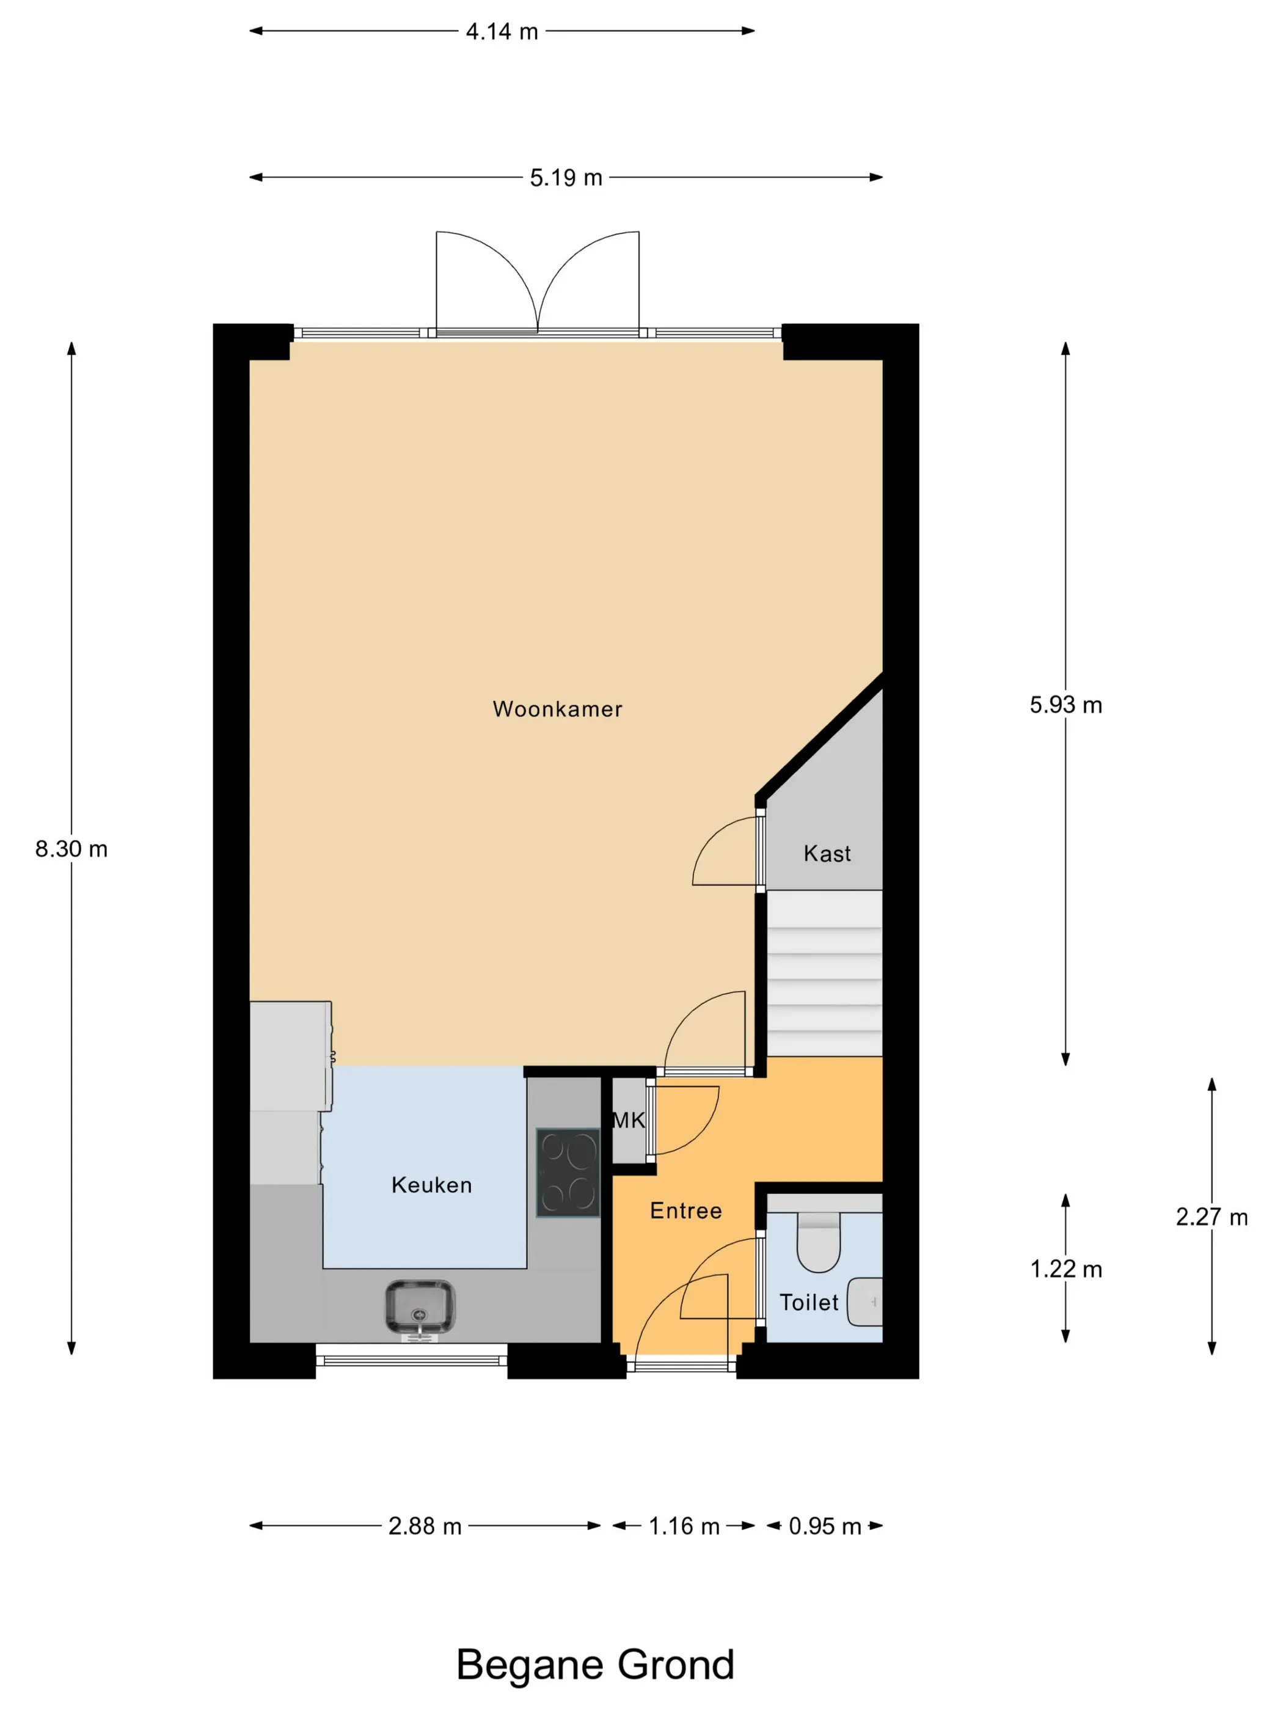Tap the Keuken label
pos(431,1184)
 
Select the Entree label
pos(686,1210)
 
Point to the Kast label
pos(827,853)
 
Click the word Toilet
pos(808,1303)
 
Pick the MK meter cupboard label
pos(629,1119)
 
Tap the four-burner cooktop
pos(568,1173)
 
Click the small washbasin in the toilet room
pos(864,1302)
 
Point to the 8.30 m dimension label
pos(71,849)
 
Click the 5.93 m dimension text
pos(1066,705)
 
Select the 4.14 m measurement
pos(502,32)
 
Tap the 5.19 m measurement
pos(566,178)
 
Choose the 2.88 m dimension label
pos(425,1526)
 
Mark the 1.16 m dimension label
pos(684,1526)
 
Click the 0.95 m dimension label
pos(825,1526)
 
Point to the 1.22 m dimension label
pos(1066,1269)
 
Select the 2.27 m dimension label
pos(1212,1217)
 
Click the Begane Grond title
pos(594,1664)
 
